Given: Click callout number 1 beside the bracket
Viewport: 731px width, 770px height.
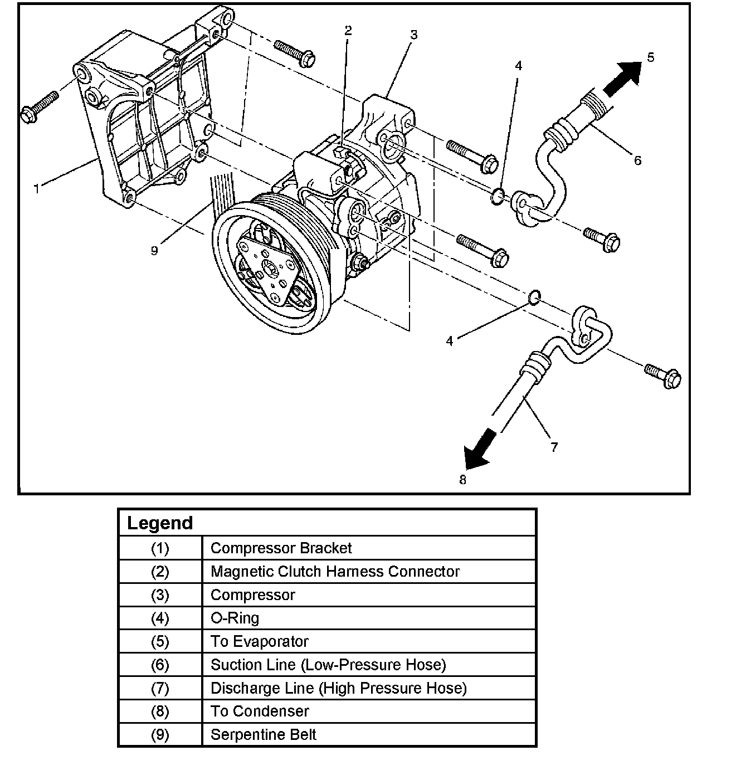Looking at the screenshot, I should point(37,189).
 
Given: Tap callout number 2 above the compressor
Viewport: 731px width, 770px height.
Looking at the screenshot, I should point(348,31).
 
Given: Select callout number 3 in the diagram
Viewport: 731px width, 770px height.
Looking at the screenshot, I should point(413,35).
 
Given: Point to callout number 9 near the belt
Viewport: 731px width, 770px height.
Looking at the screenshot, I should point(154,251).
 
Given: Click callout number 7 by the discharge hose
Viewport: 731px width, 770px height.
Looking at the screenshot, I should point(554,447).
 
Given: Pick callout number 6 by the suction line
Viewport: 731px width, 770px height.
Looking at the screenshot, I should point(637,161).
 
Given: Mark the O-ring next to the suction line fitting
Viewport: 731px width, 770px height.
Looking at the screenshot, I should point(498,196).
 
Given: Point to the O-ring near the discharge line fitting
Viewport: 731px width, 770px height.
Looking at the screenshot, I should point(533,298).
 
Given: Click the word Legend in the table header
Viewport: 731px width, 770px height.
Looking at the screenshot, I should point(160,523).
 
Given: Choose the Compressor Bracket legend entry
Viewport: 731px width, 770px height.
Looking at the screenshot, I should point(281,548).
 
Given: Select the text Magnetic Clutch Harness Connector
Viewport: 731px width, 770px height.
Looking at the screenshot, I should point(335,572).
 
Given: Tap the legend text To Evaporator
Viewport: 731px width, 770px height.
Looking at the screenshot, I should point(259,641).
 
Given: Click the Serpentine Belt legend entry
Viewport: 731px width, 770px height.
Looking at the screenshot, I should point(263,734).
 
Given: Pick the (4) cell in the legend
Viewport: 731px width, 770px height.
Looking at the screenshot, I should point(160,618).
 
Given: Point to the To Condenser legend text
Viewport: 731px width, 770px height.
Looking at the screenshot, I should point(260,711).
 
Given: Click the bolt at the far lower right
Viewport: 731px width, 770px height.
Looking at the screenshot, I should point(664,375).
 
